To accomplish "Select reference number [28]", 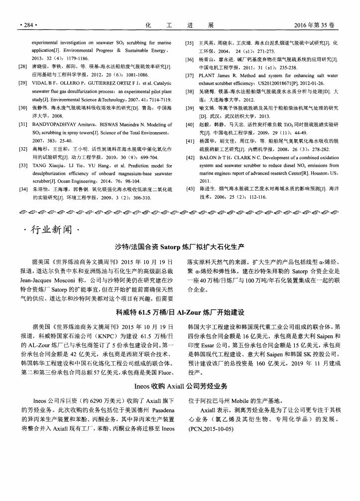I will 22,66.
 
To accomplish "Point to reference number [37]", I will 189,76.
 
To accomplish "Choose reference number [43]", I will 189,189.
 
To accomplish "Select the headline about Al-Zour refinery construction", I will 180,312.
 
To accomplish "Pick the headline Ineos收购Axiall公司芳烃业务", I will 180,386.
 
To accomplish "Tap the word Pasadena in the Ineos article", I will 157,409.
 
